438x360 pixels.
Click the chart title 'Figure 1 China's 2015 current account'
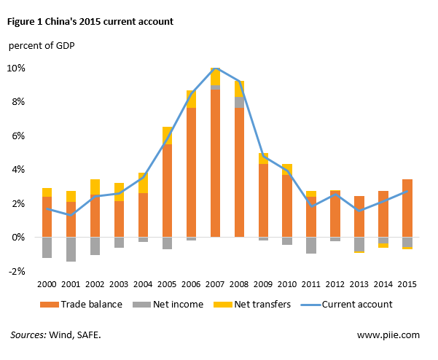point(90,22)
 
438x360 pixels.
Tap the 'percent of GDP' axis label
point(42,45)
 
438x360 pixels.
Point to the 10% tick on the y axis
point(16,68)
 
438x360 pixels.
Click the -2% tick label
point(17,271)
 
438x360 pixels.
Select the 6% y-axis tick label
point(18,136)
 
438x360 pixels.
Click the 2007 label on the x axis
point(215,284)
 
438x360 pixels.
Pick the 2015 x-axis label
point(407,284)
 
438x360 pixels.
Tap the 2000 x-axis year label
point(47,284)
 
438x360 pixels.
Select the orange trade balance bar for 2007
point(215,163)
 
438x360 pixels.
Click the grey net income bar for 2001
point(71,249)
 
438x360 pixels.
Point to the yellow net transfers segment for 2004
point(143,183)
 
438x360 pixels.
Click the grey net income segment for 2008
point(239,102)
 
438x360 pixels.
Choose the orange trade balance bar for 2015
point(407,208)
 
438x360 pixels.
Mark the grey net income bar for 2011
point(311,246)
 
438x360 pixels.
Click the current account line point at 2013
point(359,211)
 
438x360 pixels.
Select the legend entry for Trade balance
point(81,304)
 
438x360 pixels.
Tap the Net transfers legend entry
point(252,304)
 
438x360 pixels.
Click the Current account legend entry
point(346,304)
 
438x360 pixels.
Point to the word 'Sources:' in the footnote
point(28,334)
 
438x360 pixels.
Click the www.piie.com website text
point(388,335)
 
